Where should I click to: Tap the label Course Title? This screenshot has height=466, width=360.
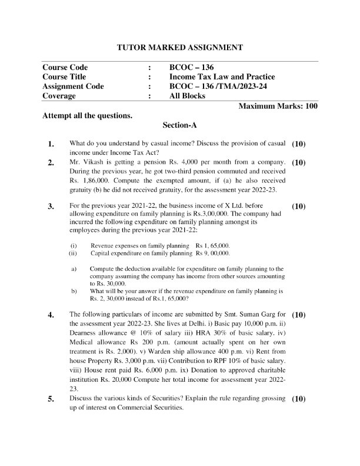[64, 76]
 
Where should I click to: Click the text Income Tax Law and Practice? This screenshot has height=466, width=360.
[222, 76]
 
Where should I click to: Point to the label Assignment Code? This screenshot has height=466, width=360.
[73, 86]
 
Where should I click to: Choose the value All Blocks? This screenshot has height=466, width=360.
[187, 96]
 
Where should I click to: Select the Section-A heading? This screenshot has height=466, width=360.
[180, 125]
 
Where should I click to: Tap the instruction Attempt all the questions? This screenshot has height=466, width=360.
[87, 115]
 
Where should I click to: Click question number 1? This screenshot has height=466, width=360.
[51, 144]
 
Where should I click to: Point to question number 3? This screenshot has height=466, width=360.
[51, 207]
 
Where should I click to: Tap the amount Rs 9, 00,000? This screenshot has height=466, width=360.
[213, 252]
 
